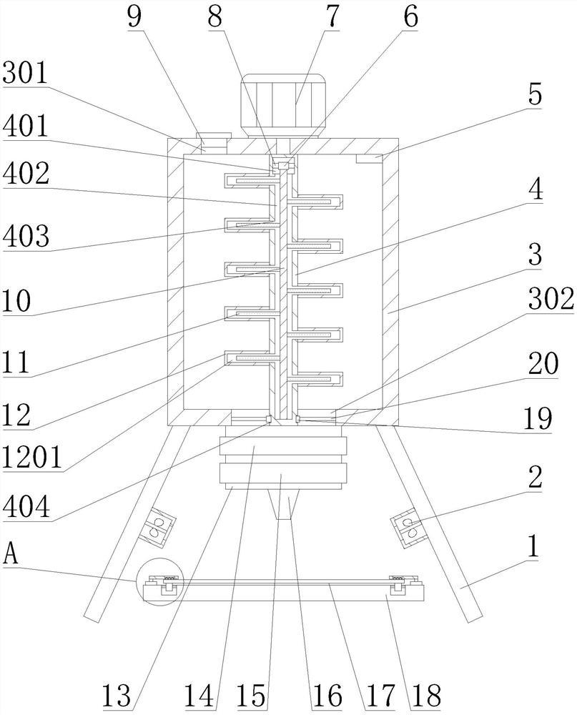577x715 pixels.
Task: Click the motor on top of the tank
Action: (x=283, y=105)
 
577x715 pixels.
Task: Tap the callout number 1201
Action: (x=32, y=458)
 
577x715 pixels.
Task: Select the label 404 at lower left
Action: (x=26, y=507)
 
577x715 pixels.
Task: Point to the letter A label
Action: (x=11, y=556)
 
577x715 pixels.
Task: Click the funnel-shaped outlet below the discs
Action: (x=283, y=505)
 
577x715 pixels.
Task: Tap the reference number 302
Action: (x=551, y=300)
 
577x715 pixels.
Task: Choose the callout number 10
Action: (x=16, y=301)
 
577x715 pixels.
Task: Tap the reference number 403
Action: (x=26, y=236)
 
